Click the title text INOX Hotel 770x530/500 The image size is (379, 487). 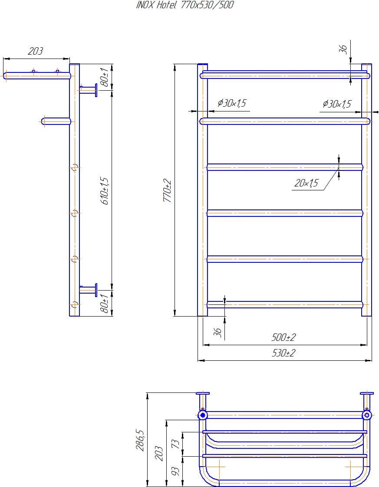point(185,5)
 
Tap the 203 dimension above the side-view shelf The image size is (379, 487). point(36,51)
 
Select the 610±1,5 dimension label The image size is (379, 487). point(105,191)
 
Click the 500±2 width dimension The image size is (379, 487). point(283,337)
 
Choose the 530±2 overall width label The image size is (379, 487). point(283,353)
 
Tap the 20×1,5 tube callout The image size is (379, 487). point(306,183)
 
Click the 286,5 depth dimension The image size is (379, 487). point(140,441)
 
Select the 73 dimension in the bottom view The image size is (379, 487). point(176,444)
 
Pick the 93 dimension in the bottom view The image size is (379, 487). point(176,471)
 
